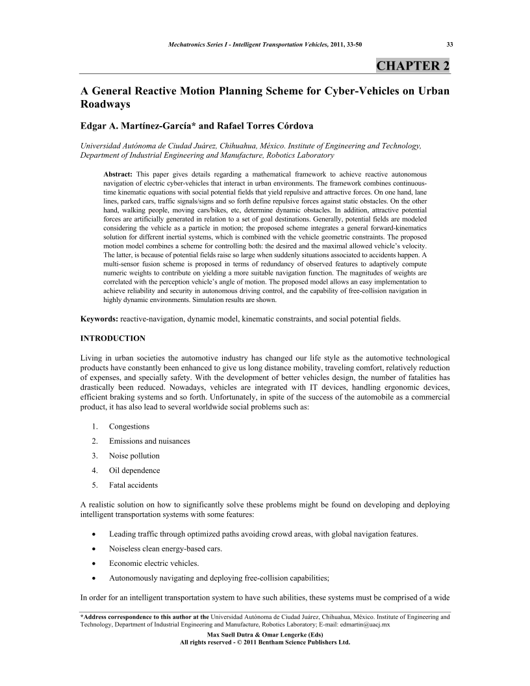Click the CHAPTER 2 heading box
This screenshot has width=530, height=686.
pyautogui.click(x=413, y=66)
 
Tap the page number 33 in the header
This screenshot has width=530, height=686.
pyautogui.click(x=449, y=44)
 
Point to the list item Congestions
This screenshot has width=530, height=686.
pyautogui.click(x=129, y=426)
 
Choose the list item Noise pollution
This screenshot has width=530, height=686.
pyautogui.click(x=134, y=455)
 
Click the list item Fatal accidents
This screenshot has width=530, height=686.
pyautogui.click(x=133, y=485)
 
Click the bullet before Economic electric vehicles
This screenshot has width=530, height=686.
pyautogui.click(x=95, y=563)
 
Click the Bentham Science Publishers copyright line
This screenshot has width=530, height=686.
pyautogui.click(x=264, y=642)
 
